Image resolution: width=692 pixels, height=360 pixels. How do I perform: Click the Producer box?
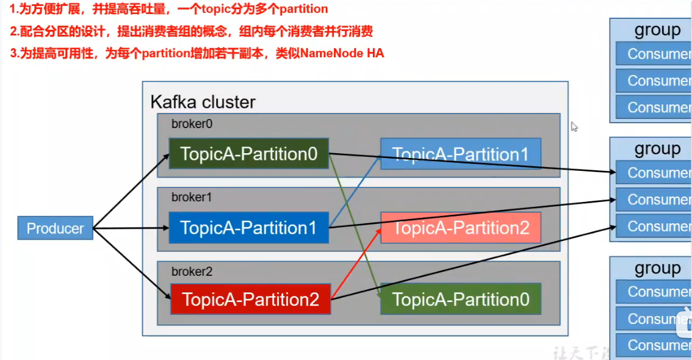[x=55, y=228]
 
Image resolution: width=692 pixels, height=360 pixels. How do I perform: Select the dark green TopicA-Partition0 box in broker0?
[x=249, y=154]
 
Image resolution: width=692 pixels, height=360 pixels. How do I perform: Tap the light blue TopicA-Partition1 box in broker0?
[x=460, y=154]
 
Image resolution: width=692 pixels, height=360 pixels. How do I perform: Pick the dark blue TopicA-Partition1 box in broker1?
[x=249, y=228]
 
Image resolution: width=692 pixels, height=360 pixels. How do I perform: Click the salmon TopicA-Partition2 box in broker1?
[x=461, y=228]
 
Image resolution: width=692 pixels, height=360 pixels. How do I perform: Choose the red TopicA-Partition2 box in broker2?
[x=250, y=299]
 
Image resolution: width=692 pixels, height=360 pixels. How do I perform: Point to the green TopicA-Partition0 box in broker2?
[x=461, y=299]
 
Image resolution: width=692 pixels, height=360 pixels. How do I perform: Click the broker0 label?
[x=192, y=124]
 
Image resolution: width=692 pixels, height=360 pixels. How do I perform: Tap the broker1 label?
[x=192, y=198]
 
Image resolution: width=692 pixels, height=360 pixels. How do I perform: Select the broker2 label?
[x=192, y=272]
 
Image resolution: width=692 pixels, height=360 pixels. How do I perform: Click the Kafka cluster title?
[x=203, y=102]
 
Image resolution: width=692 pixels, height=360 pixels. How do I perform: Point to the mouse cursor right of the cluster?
[x=574, y=126]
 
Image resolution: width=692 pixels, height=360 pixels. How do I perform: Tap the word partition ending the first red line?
[x=303, y=9]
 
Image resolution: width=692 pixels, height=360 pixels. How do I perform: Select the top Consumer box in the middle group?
[x=652, y=173]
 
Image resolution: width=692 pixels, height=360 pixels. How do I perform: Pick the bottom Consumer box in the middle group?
[x=652, y=226]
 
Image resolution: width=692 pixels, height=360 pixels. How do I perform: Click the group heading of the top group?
[x=657, y=30]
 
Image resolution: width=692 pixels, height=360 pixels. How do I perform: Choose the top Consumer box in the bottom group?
[x=652, y=292]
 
